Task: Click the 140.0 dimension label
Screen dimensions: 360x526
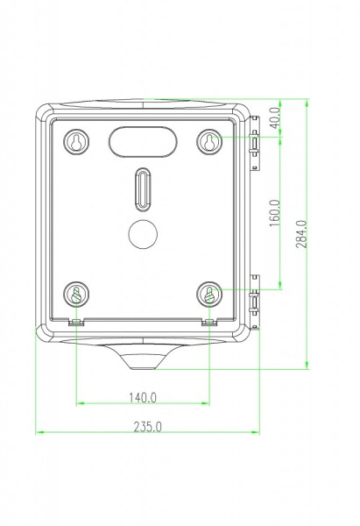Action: pyautogui.click(x=143, y=397)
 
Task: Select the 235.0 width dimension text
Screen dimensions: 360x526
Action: pyautogui.click(x=147, y=427)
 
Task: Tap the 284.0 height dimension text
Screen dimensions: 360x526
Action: pyautogui.click(x=301, y=234)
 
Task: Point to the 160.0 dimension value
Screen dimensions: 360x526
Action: pyautogui.click(x=275, y=213)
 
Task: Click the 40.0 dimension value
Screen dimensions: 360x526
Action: pyautogui.click(x=276, y=117)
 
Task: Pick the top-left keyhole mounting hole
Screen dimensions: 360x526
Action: pyautogui.click(x=76, y=142)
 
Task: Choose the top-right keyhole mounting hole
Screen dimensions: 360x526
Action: pyautogui.click(x=209, y=142)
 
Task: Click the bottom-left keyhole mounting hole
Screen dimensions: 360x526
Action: pyautogui.click(x=76, y=295)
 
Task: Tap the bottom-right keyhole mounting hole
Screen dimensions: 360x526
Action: pyautogui.click(x=209, y=295)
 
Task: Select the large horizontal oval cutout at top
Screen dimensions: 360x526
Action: pyautogui.click(x=143, y=141)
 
